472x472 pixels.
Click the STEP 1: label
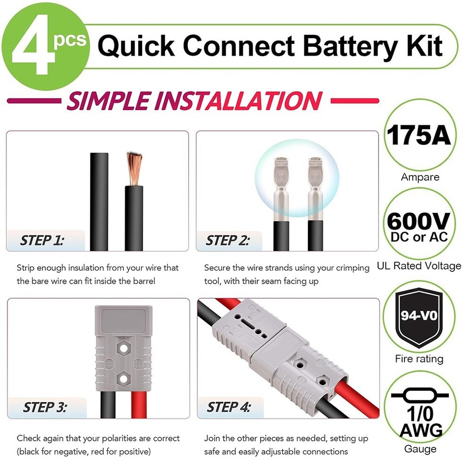click(x=42, y=241)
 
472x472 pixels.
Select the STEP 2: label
click(x=227, y=241)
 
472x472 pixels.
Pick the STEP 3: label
click(x=44, y=408)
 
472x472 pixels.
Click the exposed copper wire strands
click(x=134, y=167)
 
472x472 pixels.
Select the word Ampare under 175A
click(x=419, y=177)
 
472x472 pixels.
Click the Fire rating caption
click(x=419, y=359)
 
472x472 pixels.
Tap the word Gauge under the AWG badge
click(x=419, y=449)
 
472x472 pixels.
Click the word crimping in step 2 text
click(x=351, y=268)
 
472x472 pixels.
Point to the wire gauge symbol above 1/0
click(x=418, y=395)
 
